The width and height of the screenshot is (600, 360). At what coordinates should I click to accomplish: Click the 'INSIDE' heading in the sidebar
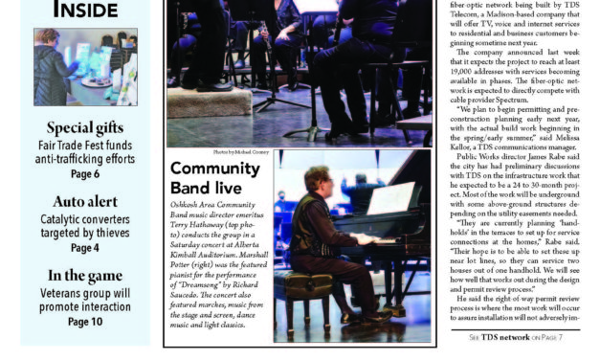coord(85,10)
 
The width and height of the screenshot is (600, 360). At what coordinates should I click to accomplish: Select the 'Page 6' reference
coord(85,174)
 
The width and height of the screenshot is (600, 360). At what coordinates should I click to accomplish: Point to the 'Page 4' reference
coord(85,248)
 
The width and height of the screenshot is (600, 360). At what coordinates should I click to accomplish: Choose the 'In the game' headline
coord(85,276)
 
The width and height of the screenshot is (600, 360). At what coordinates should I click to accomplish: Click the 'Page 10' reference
coord(85,322)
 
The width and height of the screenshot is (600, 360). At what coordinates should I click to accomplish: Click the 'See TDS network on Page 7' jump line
coord(516,337)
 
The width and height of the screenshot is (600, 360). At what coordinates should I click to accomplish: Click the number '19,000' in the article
coord(468,68)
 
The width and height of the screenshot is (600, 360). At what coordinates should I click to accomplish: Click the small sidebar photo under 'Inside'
coord(85,67)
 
